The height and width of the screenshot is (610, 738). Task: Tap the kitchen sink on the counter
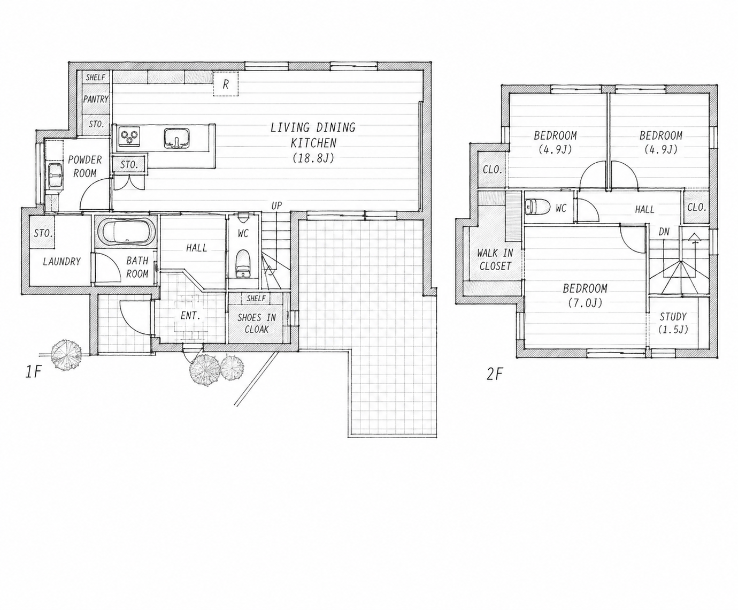point(176,138)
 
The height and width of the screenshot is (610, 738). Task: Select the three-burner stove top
point(129,136)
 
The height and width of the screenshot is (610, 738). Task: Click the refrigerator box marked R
point(226,84)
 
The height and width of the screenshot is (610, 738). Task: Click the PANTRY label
point(96,99)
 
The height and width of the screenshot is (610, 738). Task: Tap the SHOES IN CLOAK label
point(257,323)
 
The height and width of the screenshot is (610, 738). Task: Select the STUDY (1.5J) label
point(673,323)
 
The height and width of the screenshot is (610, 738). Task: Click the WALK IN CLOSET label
point(495,259)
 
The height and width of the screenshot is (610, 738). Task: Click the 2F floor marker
point(495,374)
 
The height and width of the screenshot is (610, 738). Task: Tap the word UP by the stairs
point(276,205)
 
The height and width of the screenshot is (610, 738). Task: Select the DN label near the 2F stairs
point(664,232)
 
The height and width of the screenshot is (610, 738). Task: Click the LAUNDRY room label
point(62,261)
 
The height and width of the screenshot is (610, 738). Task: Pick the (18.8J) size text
point(313,158)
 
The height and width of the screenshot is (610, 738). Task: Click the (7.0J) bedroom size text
point(585,303)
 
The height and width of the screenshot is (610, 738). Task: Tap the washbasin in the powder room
point(55,174)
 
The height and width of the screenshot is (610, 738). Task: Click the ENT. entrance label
point(190,315)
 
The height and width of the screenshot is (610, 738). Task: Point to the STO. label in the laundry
point(43,233)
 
